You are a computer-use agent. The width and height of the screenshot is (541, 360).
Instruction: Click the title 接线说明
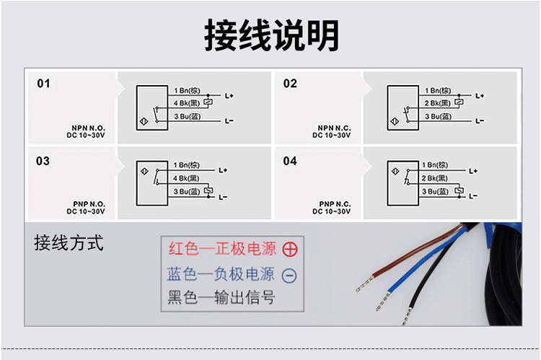click(271, 35)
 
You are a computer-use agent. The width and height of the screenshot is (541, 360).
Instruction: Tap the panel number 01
click(44, 84)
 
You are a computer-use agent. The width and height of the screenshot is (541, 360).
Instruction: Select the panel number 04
click(290, 161)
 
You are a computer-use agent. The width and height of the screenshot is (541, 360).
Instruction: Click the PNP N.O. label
click(88, 204)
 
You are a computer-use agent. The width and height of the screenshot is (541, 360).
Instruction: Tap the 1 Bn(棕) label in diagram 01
click(190, 90)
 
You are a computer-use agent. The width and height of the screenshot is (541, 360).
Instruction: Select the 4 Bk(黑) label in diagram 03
click(186, 178)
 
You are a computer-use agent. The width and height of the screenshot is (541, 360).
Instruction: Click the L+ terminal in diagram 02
click(480, 96)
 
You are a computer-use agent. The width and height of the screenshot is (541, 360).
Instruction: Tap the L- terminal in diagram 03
click(223, 196)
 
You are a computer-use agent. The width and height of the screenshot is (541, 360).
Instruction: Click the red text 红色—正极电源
click(222, 250)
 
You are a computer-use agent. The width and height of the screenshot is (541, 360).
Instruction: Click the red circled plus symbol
click(289, 250)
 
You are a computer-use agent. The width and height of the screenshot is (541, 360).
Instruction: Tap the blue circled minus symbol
click(289, 275)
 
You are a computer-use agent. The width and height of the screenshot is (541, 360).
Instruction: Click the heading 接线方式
click(69, 242)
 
